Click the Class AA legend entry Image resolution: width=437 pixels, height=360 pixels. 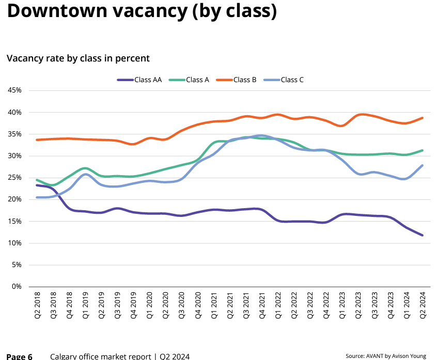(x=139, y=80)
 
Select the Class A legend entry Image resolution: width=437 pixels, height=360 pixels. (x=189, y=80)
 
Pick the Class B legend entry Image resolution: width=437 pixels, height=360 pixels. (x=237, y=80)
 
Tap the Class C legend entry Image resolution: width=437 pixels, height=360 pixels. (x=284, y=80)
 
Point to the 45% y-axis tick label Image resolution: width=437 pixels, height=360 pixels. (x=14, y=90)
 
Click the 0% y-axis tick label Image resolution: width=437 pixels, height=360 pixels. (x=17, y=287)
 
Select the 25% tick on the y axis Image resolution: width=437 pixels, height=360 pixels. (x=14, y=178)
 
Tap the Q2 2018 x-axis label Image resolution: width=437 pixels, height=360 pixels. (x=37, y=305)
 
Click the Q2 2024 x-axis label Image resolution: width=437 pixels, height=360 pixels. (x=423, y=305)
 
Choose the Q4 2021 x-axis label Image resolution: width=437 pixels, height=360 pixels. (x=262, y=305)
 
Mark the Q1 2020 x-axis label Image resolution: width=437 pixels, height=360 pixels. (x=150, y=305)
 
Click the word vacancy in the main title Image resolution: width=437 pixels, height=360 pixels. (x=150, y=11)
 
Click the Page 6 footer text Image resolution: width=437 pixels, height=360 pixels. (x=19, y=357)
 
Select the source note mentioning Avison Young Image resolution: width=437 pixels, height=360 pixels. (x=386, y=356)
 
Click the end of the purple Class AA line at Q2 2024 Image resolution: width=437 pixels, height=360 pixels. (x=423, y=236)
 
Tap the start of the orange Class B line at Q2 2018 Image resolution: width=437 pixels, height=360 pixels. (x=37, y=140)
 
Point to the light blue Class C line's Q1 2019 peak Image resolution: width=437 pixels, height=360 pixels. (x=85, y=175)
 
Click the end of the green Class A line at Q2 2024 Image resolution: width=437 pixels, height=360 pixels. (x=423, y=150)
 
